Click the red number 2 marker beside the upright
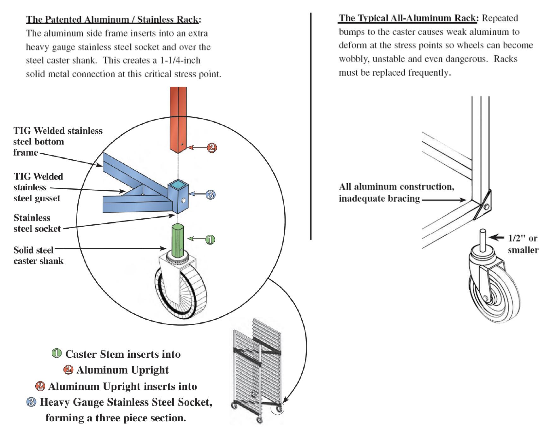212,148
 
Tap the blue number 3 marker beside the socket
211,195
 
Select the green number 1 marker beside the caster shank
210,240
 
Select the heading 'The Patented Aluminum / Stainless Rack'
113,20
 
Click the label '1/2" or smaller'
523,244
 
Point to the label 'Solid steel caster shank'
38,255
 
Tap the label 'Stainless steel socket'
37,223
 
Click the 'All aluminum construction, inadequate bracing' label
396,192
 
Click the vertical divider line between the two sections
311,126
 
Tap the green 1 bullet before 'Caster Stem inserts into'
56,353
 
